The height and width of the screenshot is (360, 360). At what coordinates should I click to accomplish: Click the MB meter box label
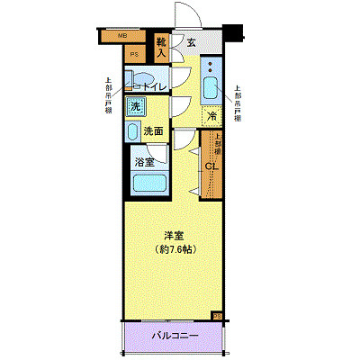tap(123, 37)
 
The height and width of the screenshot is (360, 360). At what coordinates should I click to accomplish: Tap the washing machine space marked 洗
tap(135, 106)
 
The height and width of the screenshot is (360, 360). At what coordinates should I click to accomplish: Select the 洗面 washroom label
tap(154, 131)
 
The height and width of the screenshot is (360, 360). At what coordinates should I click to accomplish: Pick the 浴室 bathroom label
tap(144, 163)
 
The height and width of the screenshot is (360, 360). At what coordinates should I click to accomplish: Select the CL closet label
tap(211, 166)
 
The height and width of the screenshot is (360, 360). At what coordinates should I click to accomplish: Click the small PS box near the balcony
tap(217, 316)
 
